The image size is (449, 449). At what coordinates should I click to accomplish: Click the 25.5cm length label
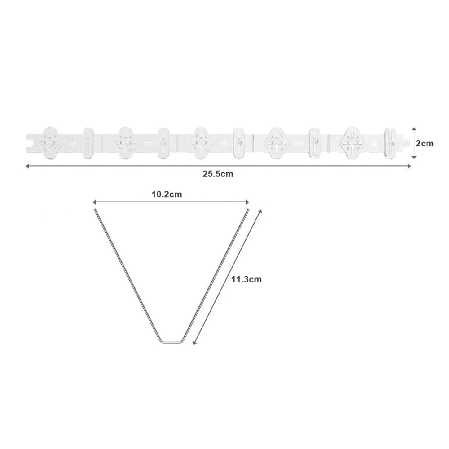[218, 174]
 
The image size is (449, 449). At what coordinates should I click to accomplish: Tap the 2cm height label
[425, 143]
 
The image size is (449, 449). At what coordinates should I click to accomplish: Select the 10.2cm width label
[167, 194]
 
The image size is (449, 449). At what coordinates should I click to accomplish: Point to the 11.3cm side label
[247, 279]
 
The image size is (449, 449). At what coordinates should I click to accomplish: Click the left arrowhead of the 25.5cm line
[28, 166]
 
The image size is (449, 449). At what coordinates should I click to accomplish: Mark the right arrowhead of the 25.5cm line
[409, 166]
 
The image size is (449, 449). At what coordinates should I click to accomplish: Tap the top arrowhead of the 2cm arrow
[414, 129]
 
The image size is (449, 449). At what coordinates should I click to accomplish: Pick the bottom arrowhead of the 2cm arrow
[414, 157]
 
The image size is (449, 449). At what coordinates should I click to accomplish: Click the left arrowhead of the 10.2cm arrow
[95, 202]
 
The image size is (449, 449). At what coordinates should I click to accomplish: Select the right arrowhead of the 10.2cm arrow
[247, 202]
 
